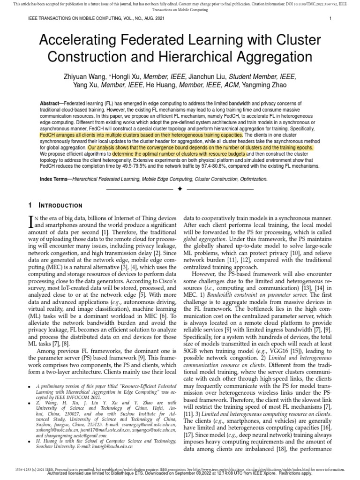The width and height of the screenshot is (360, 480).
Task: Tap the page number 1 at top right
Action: tap(331, 19)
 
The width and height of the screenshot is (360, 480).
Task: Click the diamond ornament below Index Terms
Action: tap(180, 189)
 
